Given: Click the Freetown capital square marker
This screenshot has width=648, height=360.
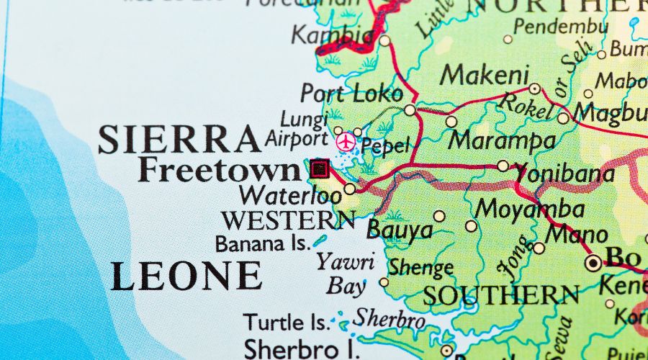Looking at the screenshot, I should (319, 169).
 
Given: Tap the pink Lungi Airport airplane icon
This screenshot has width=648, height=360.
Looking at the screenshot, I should (346, 142).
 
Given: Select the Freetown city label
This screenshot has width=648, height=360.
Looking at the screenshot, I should (220, 170).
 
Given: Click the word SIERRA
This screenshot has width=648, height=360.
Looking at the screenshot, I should (179, 139).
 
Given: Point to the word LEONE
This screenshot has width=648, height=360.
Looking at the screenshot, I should (186, 276).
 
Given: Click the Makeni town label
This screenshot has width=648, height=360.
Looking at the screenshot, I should (485, 74).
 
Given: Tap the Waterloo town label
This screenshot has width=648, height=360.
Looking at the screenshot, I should (290, 194).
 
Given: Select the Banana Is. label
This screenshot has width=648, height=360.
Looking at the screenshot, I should (263, 243).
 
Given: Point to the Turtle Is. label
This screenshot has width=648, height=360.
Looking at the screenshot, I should (287, 321).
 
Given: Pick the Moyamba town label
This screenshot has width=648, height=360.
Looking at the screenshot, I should (529, 210).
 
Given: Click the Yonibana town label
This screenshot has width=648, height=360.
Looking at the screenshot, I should (564, 174).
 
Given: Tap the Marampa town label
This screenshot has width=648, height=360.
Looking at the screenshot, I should (501, 140).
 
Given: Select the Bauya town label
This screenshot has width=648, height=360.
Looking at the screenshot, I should (400, 230).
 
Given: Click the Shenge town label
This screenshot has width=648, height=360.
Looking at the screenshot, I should (421, 267).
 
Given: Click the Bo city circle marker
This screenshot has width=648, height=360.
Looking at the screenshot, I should (593, 263).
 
